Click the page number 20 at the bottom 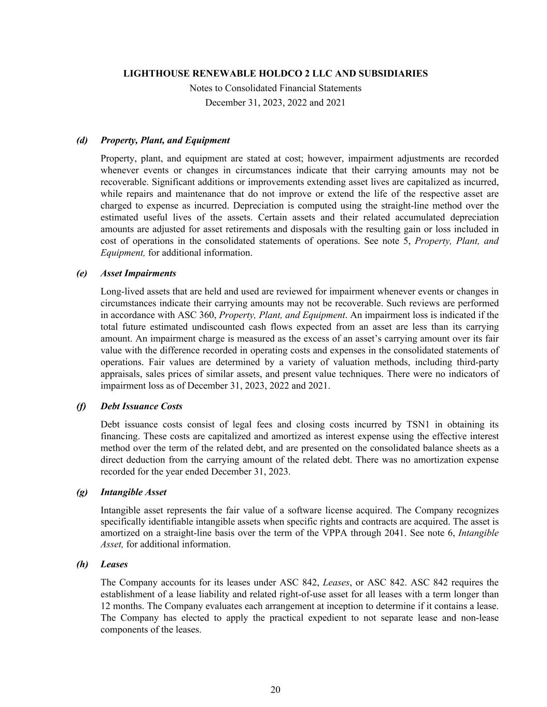(275, 689)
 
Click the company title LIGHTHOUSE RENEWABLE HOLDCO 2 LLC (275, 74)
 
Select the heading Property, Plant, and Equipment (165, 140)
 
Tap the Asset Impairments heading (138, 273)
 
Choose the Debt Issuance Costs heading (141, 407)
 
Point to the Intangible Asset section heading (133, 492)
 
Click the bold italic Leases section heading (114, 564)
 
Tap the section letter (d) (82, 140)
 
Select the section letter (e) (82, 273)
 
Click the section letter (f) (81, 407)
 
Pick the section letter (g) (82, 492)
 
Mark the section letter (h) (82, 564)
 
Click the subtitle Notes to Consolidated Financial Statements (275, 88)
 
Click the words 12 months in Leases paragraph (120, 606)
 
